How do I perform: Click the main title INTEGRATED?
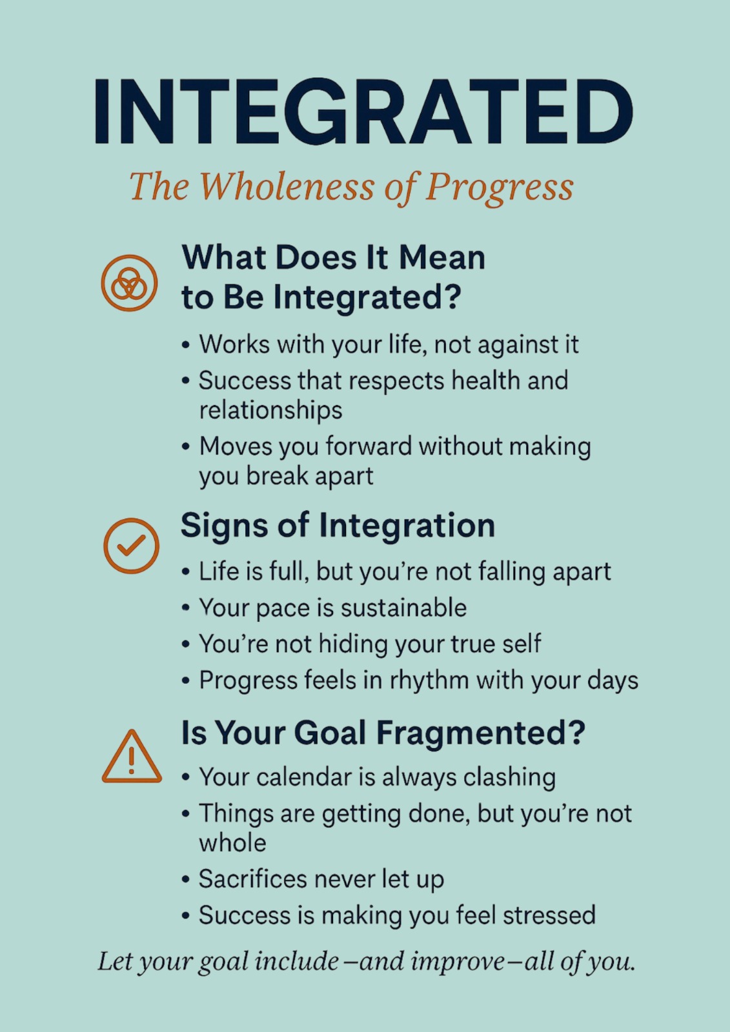364,112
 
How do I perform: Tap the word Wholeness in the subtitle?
287,186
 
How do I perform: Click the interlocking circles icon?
129,283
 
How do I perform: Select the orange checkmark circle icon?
132,546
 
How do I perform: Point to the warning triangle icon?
132,757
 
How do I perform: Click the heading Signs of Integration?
338,525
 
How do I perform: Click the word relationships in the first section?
270,410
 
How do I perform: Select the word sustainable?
403,608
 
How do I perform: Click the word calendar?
305,777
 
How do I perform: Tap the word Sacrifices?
252,879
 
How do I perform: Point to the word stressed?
549,915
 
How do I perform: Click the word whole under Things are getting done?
232,842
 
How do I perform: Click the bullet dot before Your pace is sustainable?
185,608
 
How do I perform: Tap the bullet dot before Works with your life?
185,345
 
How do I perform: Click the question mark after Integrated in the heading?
453,297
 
